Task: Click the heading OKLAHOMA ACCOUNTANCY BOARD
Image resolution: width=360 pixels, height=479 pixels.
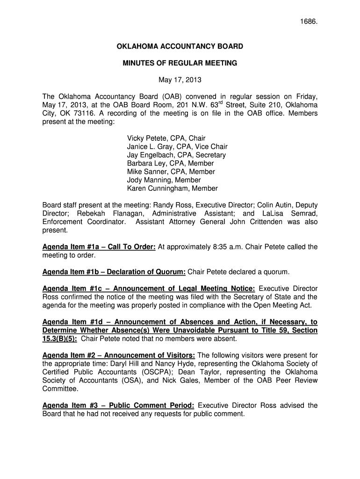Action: (180, 46)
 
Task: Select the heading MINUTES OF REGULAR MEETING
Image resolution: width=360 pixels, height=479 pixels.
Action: (180, 63)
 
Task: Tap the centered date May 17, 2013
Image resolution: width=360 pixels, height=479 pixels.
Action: (180, 80)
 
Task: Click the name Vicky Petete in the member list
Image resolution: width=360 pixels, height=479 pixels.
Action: (145, 138)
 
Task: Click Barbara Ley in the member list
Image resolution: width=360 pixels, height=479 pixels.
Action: (143, 164)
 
